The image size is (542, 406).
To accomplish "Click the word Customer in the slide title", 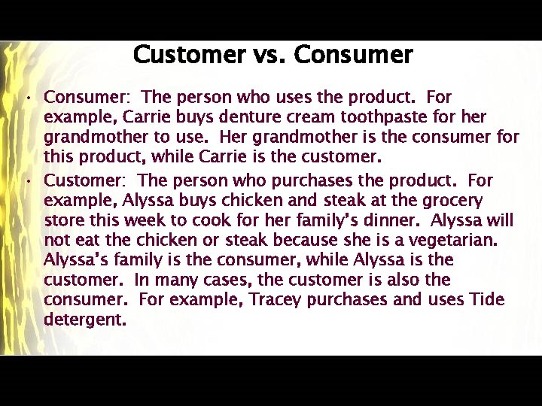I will [189, 55].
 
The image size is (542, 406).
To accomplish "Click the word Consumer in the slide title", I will [354, 55].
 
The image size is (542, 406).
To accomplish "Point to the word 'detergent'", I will [84, 320].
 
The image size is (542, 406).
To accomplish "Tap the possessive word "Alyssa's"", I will [72, 260].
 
